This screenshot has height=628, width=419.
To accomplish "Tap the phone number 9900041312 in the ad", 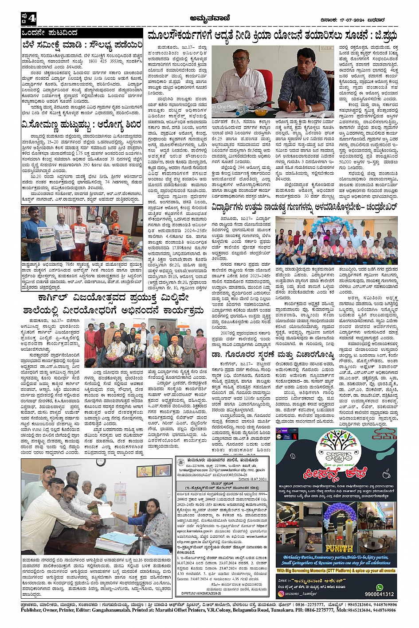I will point(379,594).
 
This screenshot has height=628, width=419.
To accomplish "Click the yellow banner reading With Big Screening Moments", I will point(336,571).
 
